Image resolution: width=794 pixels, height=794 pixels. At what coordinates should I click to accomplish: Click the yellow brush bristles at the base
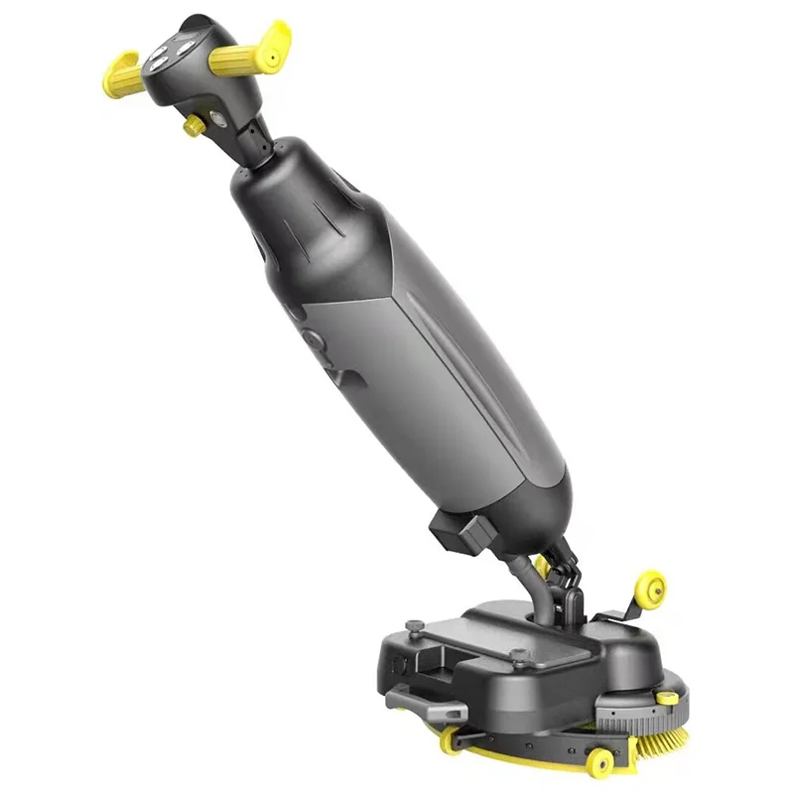click(x=661, y=736)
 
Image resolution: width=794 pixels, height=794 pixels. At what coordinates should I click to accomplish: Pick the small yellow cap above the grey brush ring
click(x=671, y=700)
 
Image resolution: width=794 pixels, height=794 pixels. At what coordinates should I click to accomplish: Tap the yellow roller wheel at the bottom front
click(x=601, y=762)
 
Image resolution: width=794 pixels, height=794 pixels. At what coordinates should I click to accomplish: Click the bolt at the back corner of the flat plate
click(x=409, y=627)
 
